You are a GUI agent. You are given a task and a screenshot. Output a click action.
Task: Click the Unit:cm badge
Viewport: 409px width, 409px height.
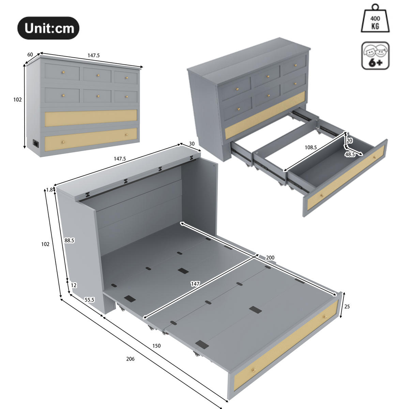(48, 28)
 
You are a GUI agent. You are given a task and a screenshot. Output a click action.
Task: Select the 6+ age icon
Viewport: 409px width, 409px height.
(375, 56)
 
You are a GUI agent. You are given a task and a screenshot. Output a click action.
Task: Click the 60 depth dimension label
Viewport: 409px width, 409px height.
(30, 55)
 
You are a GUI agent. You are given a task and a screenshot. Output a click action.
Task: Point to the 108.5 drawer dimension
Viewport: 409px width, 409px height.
(310, 148)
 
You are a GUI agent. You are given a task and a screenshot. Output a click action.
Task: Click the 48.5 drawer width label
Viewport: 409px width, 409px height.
(350, 154)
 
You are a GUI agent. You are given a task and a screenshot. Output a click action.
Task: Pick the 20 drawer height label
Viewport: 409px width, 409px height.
(349, 140)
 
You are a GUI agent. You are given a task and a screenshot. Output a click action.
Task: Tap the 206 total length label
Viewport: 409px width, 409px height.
(130, 359)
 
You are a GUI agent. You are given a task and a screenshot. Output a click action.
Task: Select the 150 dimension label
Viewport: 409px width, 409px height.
(156, 346)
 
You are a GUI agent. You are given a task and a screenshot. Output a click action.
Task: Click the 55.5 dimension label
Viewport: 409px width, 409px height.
(89, 300)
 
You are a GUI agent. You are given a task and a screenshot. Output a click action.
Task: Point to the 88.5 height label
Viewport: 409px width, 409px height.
(69, 240)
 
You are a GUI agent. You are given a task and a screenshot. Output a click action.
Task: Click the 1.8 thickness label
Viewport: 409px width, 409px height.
(49, 190)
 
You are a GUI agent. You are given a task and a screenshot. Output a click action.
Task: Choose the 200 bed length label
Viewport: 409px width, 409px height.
(270, 258)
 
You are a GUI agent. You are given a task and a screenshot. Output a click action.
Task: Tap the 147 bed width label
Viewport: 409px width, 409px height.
(195, 284)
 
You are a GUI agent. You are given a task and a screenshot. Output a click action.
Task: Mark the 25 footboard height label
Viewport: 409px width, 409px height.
(347, 306)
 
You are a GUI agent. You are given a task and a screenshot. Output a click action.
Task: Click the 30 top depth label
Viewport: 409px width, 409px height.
(192, 144)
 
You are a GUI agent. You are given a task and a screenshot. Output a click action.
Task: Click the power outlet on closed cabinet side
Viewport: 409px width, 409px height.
(35, 143)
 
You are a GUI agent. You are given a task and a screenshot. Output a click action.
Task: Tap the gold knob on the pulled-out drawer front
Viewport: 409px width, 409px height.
(321, 196)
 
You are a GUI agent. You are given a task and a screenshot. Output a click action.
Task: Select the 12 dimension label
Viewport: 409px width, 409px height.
(74, 285)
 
